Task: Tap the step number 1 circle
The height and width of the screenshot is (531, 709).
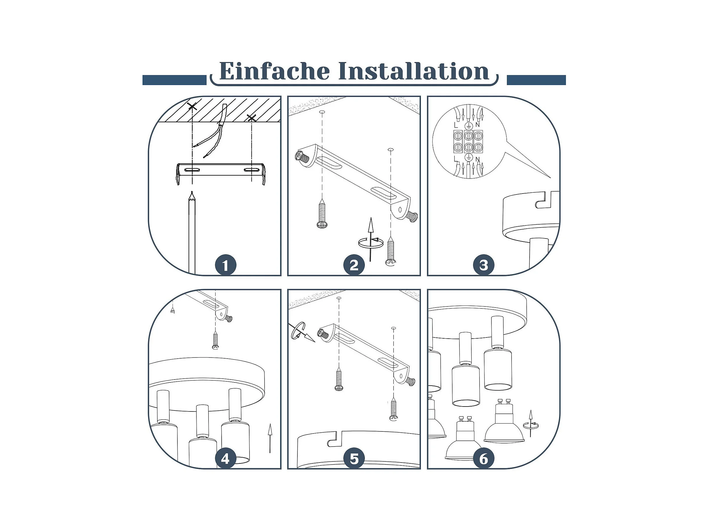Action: (x=225, y=265)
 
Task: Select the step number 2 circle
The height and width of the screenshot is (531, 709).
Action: (x=354, y=265)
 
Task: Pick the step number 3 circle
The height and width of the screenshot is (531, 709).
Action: (x=484, y=265)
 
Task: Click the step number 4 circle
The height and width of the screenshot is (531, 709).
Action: (x=225, y=459)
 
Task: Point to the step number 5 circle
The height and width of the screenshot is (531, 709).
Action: (x=354, y=459)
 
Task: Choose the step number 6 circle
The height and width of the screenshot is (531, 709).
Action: (x=484, y=459)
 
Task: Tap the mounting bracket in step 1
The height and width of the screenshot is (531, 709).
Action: (x=221, y=173)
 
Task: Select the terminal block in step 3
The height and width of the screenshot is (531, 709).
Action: (x=468, y=141)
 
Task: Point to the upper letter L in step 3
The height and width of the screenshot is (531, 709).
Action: (x=456, y=125)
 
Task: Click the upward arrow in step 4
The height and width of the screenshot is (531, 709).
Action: (x=270, y=438)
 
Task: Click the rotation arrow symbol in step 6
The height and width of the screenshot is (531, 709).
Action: (x=530, y=423)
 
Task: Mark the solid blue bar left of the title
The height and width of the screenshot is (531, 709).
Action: (x=174, y=80)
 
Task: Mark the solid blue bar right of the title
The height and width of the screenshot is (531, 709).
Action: (x=536, y=80)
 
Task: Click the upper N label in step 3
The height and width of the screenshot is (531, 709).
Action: (x=478, y=125)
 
